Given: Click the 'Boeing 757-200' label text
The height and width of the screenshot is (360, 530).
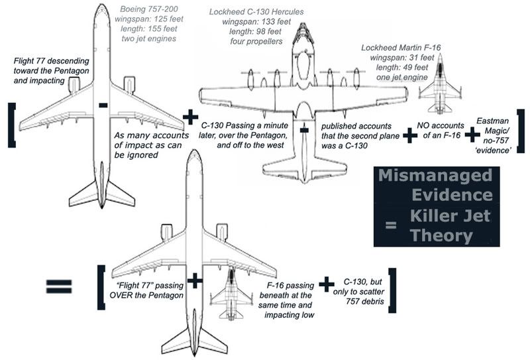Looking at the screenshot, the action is point(149,9).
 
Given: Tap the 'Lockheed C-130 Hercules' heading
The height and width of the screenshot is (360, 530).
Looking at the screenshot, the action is point(256,12).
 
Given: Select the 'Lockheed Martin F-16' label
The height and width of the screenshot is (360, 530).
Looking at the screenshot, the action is point(401,48).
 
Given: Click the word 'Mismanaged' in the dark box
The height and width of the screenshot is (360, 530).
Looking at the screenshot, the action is point(435,175).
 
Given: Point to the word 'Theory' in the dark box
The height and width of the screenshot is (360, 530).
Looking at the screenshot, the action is point(441,235).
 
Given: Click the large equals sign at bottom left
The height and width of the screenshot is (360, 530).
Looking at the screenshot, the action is point(59,286).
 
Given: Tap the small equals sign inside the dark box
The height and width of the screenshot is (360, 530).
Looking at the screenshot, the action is point(391,224).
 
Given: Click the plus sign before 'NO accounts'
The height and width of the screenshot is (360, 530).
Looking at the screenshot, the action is point(410,135).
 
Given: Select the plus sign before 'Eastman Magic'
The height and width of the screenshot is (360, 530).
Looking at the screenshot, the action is point(472,135).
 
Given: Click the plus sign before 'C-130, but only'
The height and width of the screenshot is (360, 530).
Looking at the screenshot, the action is point(327,284).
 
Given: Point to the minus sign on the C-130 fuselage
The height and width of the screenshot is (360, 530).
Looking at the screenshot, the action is point(304,130).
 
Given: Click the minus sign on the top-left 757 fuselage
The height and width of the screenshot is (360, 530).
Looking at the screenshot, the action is point(103,105).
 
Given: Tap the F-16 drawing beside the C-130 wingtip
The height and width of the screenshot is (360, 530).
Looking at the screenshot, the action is point(440,84).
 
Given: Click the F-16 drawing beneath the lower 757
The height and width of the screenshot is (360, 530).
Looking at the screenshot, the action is point(231,293).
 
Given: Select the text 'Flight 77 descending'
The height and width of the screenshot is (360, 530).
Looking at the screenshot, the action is point(52,61).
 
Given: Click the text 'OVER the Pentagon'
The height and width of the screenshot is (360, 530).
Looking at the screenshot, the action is point(146,296).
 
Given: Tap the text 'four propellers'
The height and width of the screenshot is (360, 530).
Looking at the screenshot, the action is point(256,42).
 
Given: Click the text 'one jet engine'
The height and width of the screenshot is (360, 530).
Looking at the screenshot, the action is point(402,78).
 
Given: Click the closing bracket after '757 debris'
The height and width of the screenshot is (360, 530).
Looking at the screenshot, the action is point(392,290).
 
